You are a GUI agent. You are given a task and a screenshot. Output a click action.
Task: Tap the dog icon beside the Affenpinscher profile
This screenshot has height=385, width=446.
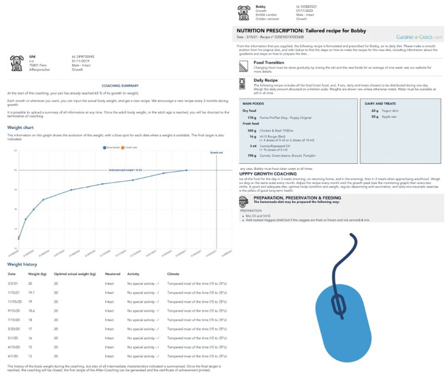tap(16, 62)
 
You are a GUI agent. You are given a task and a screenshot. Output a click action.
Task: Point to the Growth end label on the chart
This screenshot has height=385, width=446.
tap(216, 152)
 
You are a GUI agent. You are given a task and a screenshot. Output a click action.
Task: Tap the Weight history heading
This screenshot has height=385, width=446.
tap(23, 264)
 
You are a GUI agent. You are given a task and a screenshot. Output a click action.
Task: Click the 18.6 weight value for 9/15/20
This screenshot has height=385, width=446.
tap(33, 310)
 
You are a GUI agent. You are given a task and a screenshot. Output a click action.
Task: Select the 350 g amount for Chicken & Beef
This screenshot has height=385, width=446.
tap(252, 130)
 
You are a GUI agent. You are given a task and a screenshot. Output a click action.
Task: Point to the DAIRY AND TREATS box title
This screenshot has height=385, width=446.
tap(382, 102)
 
